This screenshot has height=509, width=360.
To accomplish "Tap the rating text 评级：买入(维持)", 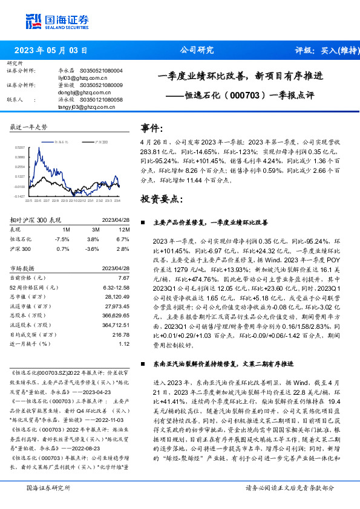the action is (x=324, y=51).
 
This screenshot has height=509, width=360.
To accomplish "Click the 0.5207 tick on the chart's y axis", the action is (x=20, y=148).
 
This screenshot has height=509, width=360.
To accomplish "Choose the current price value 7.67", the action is (x=124, y=277).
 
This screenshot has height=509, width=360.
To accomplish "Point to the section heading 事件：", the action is (x=152, y=128).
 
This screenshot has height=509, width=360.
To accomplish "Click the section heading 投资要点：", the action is (x=160, y=198).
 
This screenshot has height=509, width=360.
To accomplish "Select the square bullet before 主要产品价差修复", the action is (x=143, y=222).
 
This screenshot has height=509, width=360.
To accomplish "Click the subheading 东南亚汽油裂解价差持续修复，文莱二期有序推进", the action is (x=224, y=364).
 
